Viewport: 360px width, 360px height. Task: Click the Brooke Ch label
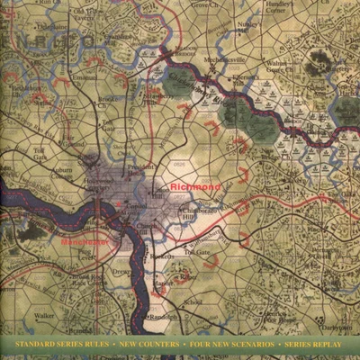tap(109, 100)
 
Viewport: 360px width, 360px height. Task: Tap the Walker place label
tap(43, 316)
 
